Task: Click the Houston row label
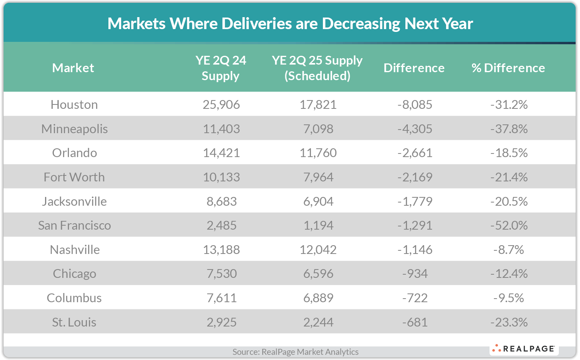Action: (x=74, y=104)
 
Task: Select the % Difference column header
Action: (x=508, y=68)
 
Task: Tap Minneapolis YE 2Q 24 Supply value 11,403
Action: (x=221, y=129)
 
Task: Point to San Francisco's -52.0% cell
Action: (x=509, y=225)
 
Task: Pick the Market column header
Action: (x=73, y=68)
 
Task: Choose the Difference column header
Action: (x=414, y=68)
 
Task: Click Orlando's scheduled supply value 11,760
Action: (x=318, y=153)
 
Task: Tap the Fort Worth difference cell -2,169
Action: (x=415, y=177)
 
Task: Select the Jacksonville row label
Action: (x=74, y=201)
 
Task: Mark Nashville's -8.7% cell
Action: (x=509, y=250)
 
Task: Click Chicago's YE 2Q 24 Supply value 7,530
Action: (x=222, y=273)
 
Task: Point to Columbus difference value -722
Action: (x=415, y=298)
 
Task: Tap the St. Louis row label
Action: (x=74, y=322)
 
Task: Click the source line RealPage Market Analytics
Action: (x=295, y=352)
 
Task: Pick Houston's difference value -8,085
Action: (x=415, y=104)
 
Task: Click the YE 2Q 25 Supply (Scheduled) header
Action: (x=317, y=68)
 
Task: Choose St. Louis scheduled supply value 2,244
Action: (x=318, y=322)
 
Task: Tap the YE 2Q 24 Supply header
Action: (x=220, y=68)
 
